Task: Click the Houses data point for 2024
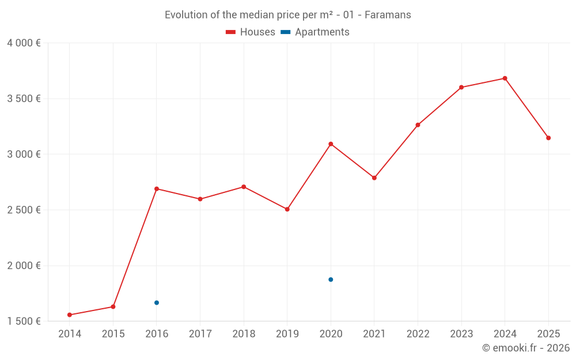coord(505,78)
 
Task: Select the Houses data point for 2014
coord(70,315)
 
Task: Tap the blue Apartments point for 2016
coord(157,302)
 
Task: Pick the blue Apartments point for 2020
coord(331,279)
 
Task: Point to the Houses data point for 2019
coord(287,209)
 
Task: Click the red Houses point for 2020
coord(331,144)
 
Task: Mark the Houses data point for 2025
coord(548,138)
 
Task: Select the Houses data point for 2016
coord(157,189)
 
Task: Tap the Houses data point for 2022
coord(418,125)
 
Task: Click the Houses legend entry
coord(251,32)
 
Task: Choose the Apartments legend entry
coord(315,32)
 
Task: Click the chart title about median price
coord(288,15)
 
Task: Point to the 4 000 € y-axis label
coord(24,43)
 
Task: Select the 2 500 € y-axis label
coord(24,210)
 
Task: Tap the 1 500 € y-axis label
coord(24,321)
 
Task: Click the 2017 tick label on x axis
coord(200,334)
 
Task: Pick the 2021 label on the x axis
coord(374,334)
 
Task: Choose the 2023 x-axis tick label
coord(461,334)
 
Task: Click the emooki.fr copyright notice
coord(525,348)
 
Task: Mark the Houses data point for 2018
coord(244,187)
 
